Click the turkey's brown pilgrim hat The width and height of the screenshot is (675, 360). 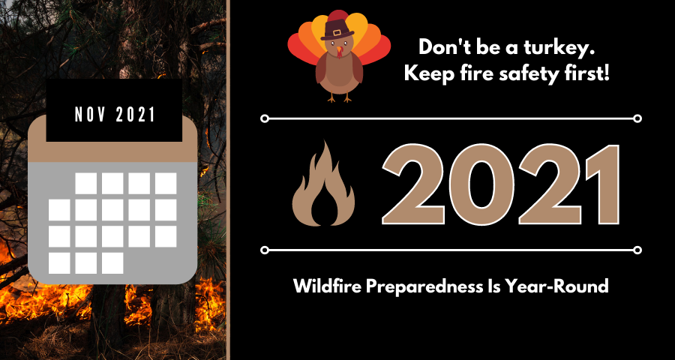[337, 31]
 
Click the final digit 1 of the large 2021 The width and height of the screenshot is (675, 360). [592, 184]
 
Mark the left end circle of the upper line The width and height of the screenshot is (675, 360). [264, 118]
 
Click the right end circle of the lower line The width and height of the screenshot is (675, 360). [637, 250]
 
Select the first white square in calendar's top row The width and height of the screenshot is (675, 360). [86, 183]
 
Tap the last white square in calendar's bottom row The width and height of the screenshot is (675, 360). [112, 263]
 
